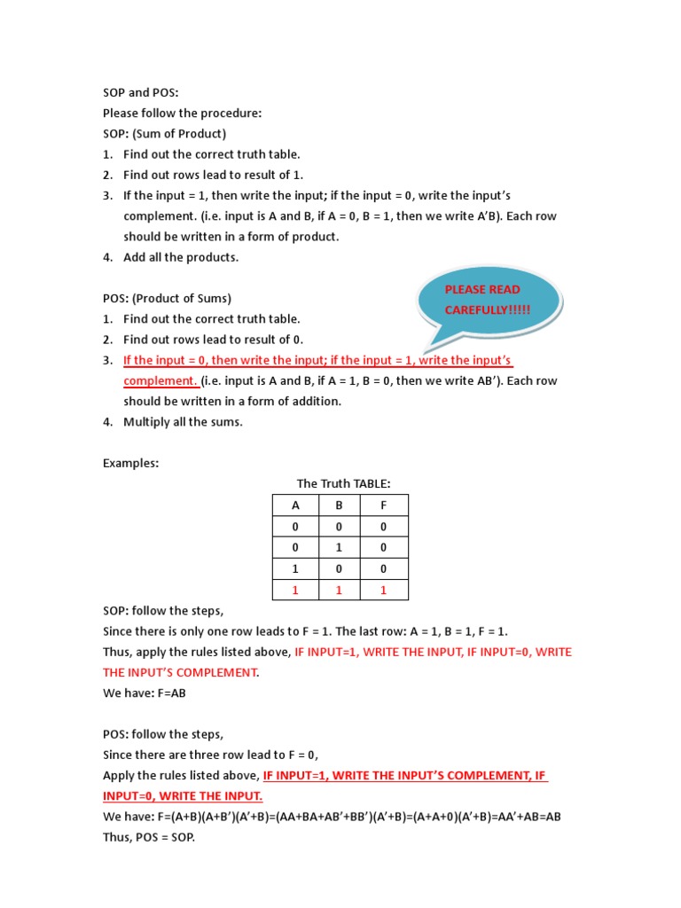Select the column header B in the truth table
[340, 506]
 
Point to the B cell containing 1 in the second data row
[340, 547]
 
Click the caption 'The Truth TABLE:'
[343, 483]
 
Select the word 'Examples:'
[130, 463]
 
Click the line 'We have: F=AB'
[145, 693]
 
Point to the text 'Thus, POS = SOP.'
[148, 836]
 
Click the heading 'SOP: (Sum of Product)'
[164, 134]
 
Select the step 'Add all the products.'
[181, 257]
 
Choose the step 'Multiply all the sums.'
[183, 421]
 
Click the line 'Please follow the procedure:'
[182, 113]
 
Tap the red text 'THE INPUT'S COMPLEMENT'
[180, 672]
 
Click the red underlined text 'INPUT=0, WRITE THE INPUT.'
[183, 795]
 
